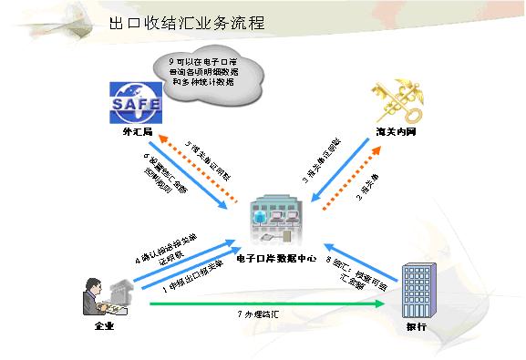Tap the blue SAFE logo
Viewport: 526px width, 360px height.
pyautogui.click(x=135, y=103)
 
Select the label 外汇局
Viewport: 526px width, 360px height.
pyautogui.click(x=134, y=134)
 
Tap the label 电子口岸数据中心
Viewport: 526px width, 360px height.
pyautogui.click(x=276, y=259)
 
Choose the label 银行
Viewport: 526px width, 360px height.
pyautogui.click(x=416, y=325)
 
